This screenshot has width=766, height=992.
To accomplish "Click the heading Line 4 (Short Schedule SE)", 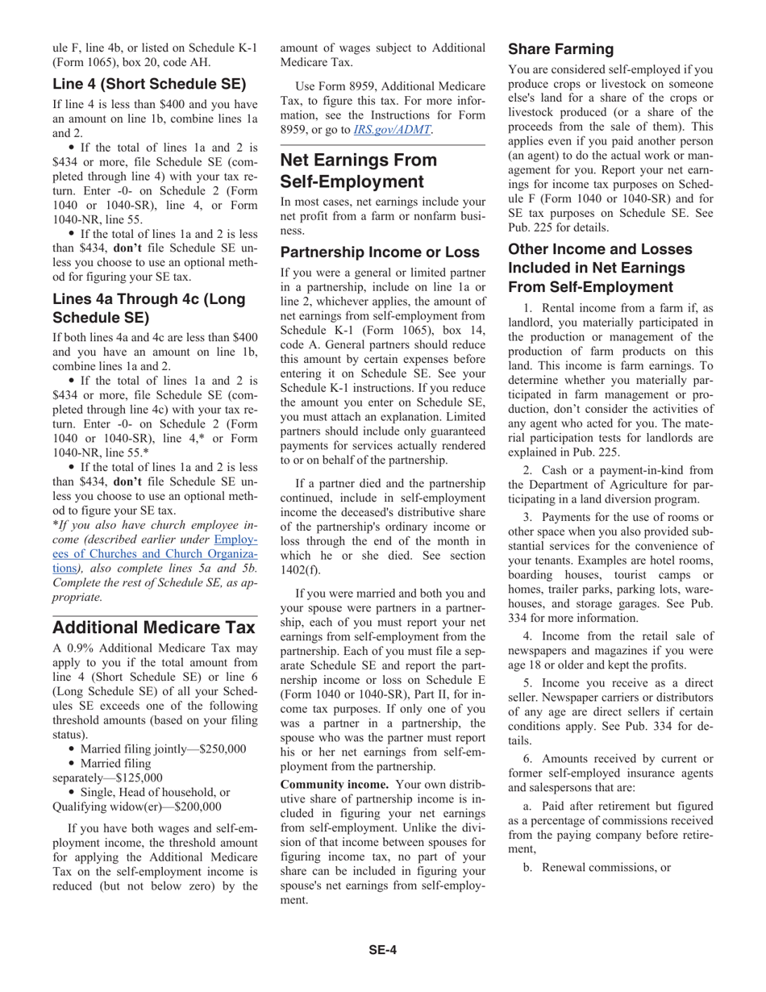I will point(149,84).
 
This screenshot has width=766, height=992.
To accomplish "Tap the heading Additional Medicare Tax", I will point(153,627).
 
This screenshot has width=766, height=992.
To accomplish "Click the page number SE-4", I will point(383,950).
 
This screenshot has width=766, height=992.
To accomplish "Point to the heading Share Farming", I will point(560,49).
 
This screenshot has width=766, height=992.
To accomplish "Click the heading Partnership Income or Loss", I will point(379,252).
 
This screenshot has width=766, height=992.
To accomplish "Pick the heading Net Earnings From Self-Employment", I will point(358,170).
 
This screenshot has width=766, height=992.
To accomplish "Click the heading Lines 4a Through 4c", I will point(149,308).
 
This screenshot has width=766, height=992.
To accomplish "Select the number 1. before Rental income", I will point(527,308).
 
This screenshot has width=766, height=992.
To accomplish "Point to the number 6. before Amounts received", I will point(527,759).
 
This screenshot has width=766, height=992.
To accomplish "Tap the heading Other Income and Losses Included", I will point(600,268).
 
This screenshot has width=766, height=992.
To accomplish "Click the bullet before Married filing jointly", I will point(85,749).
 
